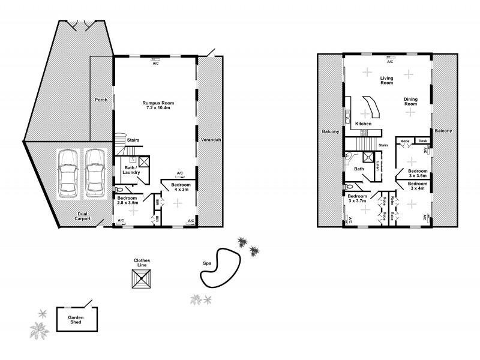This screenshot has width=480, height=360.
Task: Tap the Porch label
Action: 101,100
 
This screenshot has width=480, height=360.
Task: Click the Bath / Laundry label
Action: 131,170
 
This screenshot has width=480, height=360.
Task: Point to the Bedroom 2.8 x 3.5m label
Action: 127,200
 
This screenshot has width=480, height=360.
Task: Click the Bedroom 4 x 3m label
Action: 180,187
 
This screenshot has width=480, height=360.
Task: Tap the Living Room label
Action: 386,80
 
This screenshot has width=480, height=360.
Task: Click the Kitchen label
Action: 364,124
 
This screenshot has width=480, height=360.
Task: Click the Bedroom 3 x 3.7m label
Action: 357,199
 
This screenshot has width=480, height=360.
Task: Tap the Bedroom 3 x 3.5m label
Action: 418,173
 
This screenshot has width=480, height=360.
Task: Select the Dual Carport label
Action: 83,217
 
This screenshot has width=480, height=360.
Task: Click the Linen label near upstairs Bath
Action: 379,166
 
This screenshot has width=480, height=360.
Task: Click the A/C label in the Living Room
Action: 389,62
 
